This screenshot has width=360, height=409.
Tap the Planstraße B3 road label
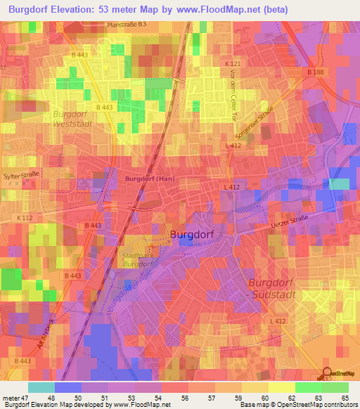127,25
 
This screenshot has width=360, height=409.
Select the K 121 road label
233,64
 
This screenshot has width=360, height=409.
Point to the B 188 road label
316,72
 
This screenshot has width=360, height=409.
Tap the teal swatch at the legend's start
41,387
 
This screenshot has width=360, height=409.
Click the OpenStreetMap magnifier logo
327,372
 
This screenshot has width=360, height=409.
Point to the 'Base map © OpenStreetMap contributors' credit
297,405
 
